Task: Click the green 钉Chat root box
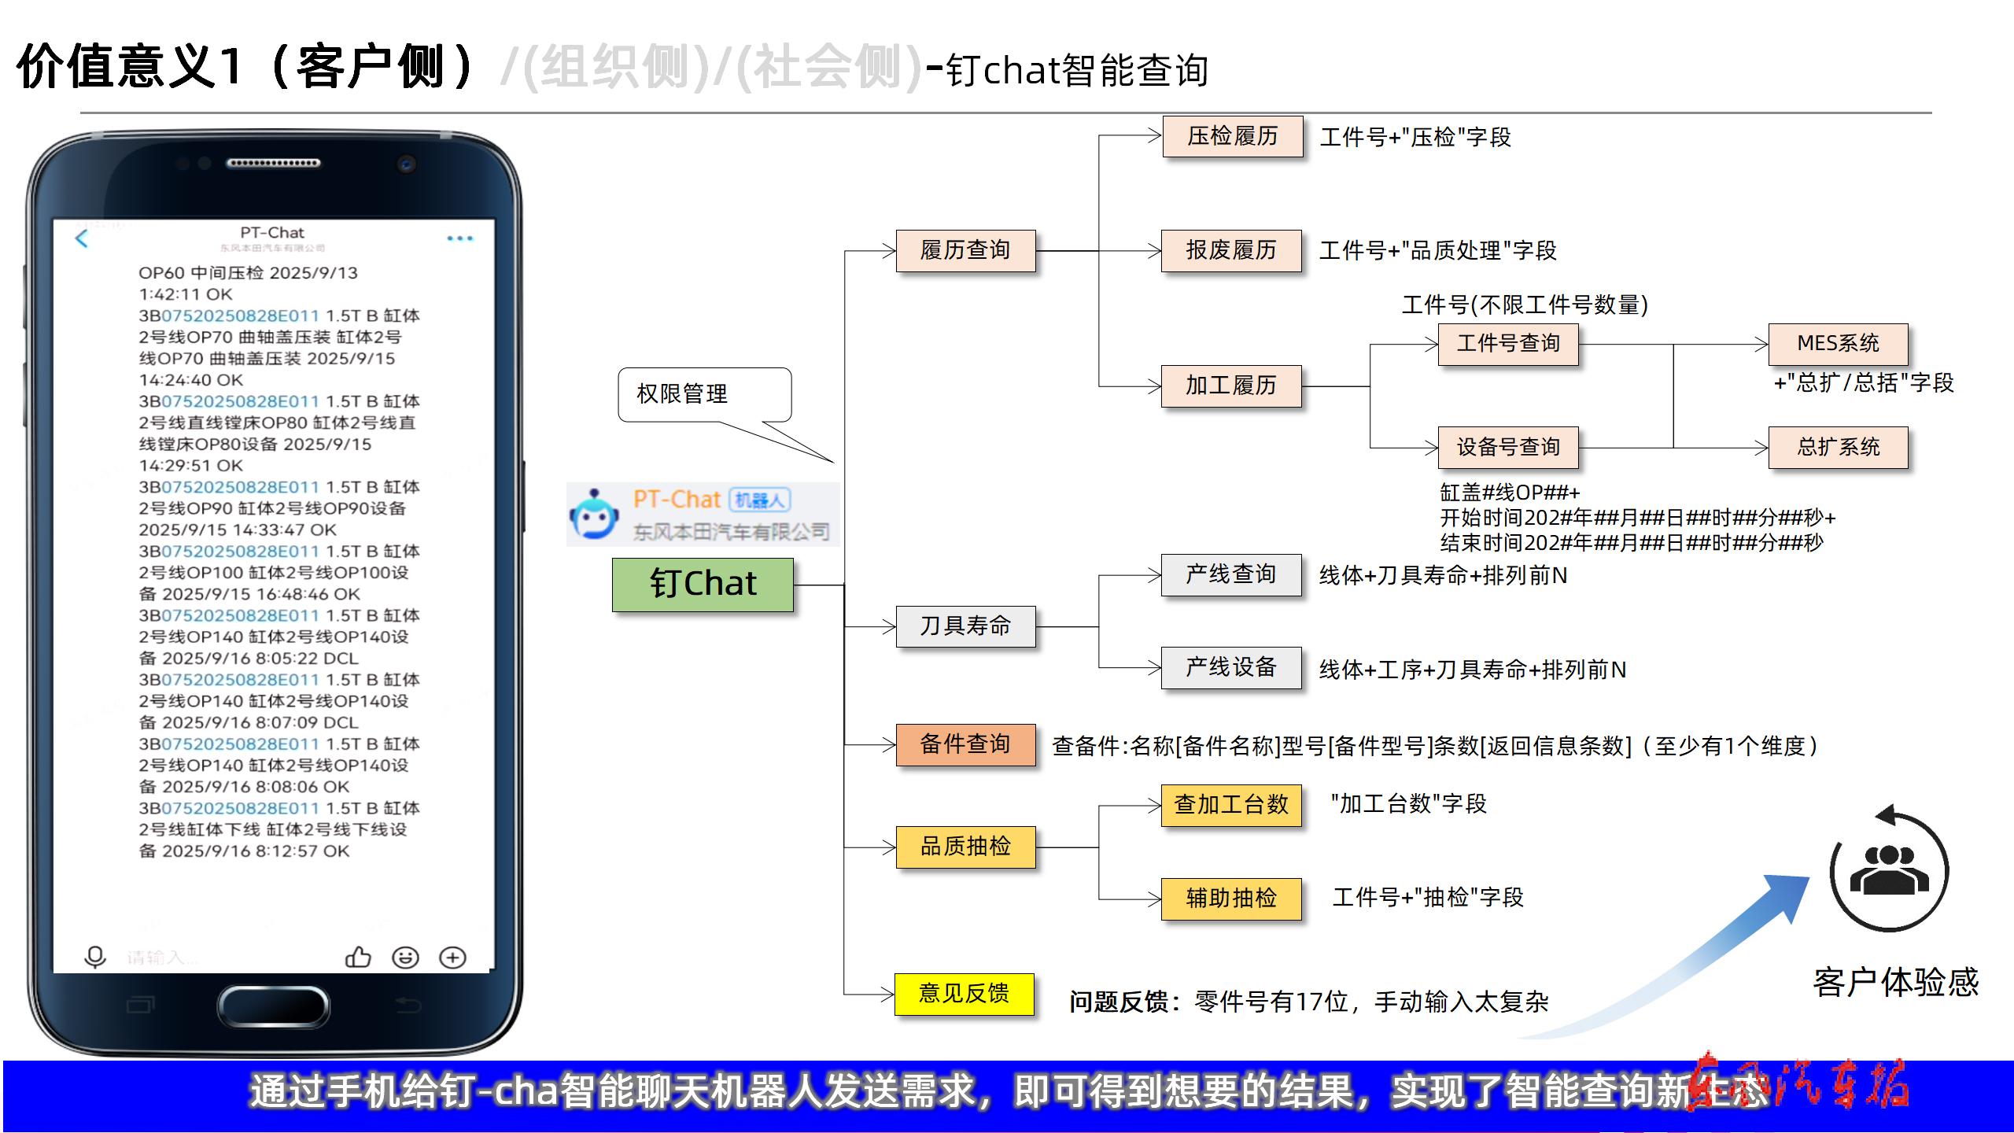click(703, 585)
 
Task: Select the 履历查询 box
click(965, 251)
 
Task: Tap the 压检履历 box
click(1232, 137)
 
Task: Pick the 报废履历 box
click(1231, 251)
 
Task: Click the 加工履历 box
click(1231, 386)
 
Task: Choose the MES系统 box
click(1838, 344)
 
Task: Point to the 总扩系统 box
click(1838, 448)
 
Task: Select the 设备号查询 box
click(1508, 448)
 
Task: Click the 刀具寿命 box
click(965, 626)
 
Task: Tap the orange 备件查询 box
click(965, 744)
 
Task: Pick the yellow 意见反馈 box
click(964, 994)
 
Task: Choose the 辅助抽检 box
click(1231, 899)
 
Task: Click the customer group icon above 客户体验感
click(1889, 872)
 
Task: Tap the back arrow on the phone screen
click(82, 238)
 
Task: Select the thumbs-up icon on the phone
click(358, 957)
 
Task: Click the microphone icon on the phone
click(95, 957)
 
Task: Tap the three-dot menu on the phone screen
click(459, 238)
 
